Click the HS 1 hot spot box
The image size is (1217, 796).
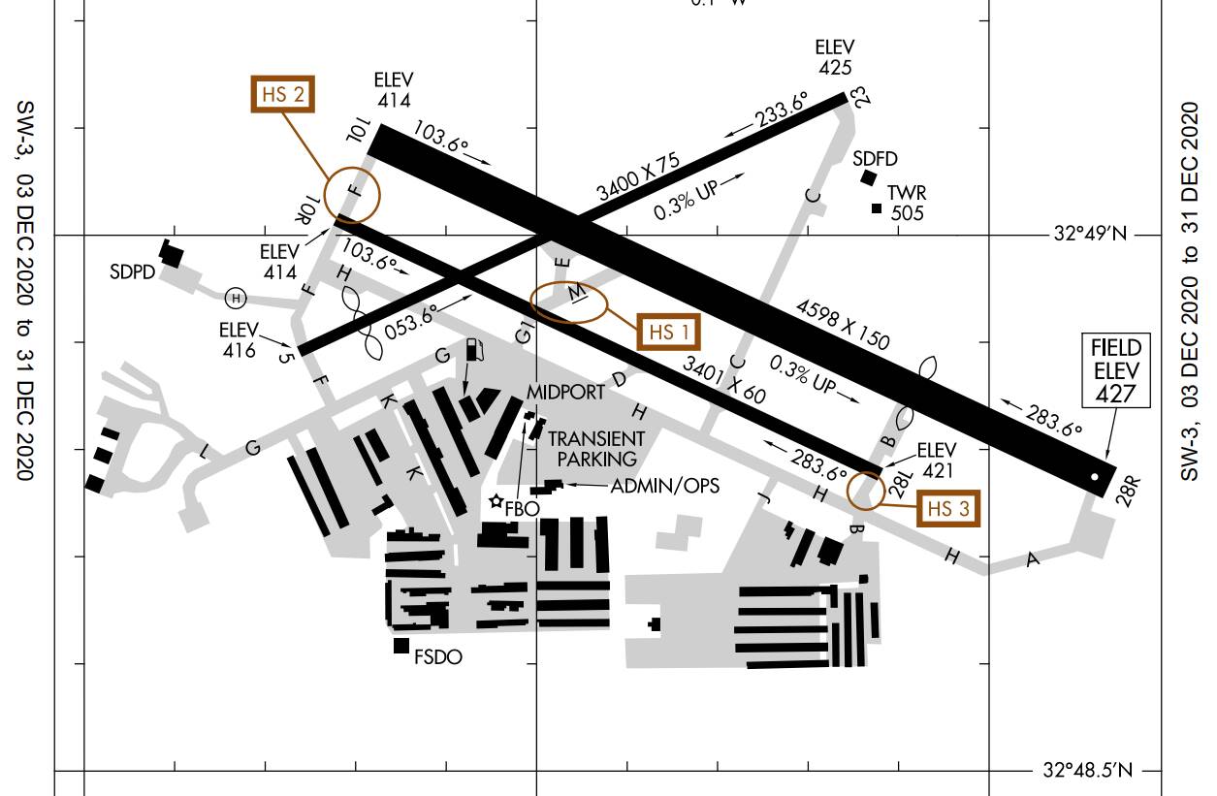(x=667, y=332)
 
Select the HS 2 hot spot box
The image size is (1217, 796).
(x=283, y=94)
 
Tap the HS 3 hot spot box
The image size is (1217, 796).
(x=947, y=508)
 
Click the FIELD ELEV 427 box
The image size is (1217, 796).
(x=1116, y=370)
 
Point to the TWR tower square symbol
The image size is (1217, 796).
(x=877, y=208)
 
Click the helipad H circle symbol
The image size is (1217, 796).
(x=235, y=297)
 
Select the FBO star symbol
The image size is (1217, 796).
(x=497, y=501)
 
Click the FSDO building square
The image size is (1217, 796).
(x=400, y=646)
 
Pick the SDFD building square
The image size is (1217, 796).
(x=869, y=176)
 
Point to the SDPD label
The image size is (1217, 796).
(x=133, y=271)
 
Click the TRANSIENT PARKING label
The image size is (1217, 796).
(x=596, y=449)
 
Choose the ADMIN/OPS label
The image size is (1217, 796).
(x=664, y=486)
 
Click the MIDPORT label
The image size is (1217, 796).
(x=566, y=391)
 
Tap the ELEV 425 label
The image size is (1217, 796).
(x=834, y=57)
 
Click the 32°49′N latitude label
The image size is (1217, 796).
(x=1091, y=234)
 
